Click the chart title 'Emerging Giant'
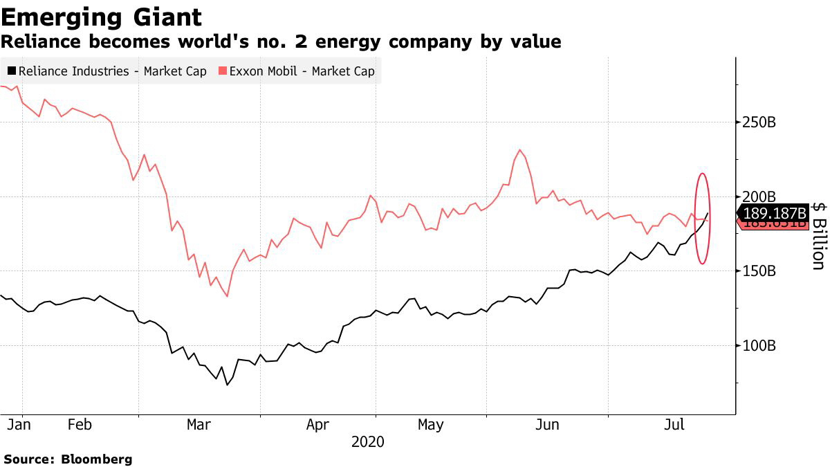coord(102,17)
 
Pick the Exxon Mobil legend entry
coord(297,71)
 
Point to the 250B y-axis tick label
coord(759,122)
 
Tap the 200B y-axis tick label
coord(759,196)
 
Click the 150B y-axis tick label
coord(759,271)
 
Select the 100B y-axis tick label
coord(759,345)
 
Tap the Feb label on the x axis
coord(80,424)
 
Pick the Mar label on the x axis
coord(199,424)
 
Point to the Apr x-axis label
coord(317,424)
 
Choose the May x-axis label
coord(431,424)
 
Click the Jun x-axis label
coord(548,424)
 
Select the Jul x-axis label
coord(674,424)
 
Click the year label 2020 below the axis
coord(367,441)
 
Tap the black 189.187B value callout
coord(773,212)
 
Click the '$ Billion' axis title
coord(818,235)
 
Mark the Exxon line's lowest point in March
coord(227,296)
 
